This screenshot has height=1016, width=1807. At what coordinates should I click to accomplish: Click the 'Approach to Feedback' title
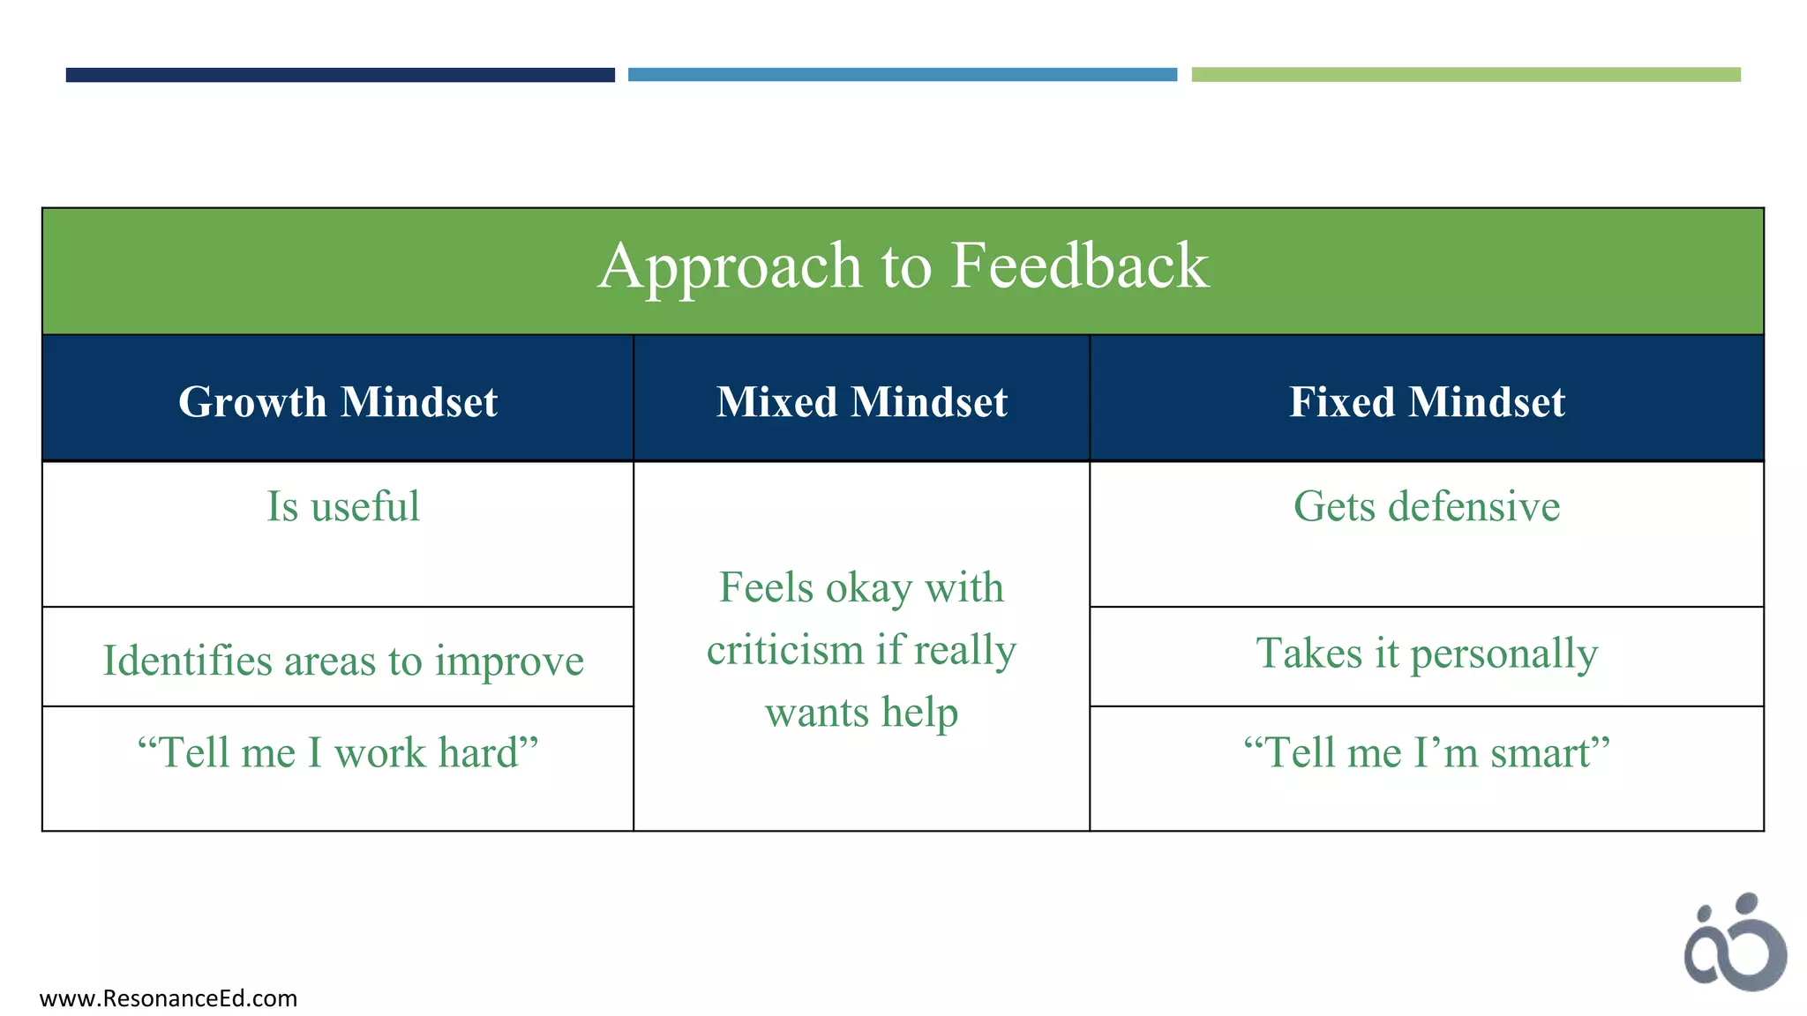point(903,266)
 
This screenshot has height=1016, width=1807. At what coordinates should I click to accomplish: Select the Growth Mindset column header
point(338,402)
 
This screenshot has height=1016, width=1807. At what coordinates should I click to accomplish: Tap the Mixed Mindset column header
point(861,402)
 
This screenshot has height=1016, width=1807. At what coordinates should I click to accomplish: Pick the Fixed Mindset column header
point(1427,402)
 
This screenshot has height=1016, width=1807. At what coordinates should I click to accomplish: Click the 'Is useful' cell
point(343,507)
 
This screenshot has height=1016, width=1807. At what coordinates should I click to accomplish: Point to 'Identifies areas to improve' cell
point(343,661)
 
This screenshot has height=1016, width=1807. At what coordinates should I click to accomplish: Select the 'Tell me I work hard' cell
point(338,753)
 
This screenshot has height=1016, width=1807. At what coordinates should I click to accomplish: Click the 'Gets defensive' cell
point(1427,507)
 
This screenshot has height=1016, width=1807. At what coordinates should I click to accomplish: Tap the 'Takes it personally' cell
point(1427,654)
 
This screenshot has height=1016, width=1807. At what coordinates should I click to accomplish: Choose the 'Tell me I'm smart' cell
point(1427,753)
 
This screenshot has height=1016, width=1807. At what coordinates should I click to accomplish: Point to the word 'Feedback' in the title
point(1079,266)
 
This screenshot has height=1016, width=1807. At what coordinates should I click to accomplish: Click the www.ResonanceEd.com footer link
point(169,998)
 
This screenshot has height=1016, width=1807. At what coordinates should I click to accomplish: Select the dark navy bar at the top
point(340,75)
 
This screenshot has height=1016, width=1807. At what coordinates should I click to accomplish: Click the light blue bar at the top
point(903,75)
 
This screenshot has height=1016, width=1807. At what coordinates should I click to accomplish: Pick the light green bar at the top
point(1466,75)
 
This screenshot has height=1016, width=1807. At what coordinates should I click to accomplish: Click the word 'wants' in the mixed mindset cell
point(816,713)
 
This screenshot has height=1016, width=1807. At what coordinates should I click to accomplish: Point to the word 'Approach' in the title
point(730,266)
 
